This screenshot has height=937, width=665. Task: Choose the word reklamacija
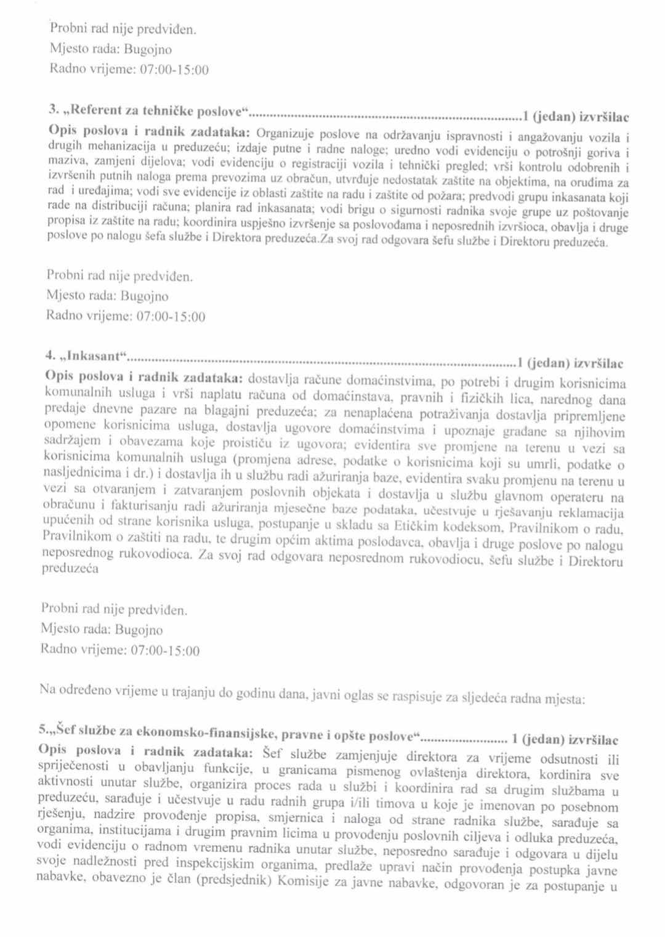pyautogui.click(x=590, y=513)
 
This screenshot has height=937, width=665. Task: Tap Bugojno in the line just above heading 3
pyautogui.click(x=148, y=49)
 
